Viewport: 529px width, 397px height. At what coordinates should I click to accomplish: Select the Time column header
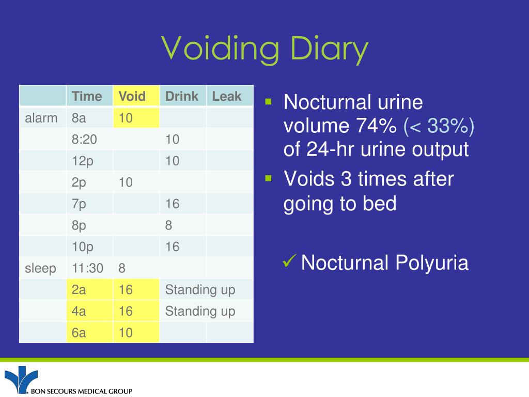coord(87,96)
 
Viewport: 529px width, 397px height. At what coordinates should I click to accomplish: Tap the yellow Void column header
coord(132,96)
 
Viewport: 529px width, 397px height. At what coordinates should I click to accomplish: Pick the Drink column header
coord(182,96)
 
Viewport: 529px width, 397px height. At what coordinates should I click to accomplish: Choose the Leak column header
coord(227,96)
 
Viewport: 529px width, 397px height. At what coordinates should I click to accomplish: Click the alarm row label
coord(41,118)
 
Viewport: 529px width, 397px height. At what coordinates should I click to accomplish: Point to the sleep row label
coord(40,268)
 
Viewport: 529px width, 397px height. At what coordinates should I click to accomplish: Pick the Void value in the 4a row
coord(126,311)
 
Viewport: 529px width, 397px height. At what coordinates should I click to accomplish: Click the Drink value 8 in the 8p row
coord(169,225)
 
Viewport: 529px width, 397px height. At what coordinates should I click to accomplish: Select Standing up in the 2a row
coord(200,289)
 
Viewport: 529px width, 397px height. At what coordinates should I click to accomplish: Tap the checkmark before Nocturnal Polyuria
coord(289,263)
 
